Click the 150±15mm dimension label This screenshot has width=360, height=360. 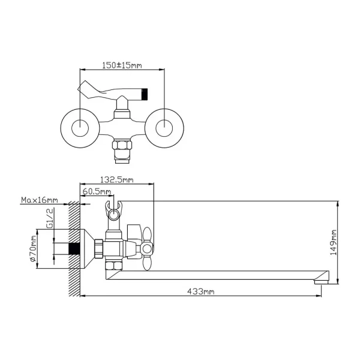tap(122, 65)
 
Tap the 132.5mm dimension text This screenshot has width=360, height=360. tap(116, 179)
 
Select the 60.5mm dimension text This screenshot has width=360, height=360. tap(97, 191)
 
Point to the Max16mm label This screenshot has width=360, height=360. tap(39, 200)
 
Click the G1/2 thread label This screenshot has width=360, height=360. tap(50, 218)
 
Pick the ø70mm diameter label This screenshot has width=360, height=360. tap(33, 248)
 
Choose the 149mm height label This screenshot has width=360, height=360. tap(333, 242)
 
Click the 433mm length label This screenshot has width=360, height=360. tap(200, 292)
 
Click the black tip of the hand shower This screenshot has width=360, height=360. tap(145, 94)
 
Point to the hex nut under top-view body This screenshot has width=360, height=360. tap(122, 145)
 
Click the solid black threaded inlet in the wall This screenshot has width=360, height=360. tap(74, 248)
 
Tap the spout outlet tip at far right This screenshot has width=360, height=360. tap(322, 281)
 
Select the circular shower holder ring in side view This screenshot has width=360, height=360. tap(113, 215)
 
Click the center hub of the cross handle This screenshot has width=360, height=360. tap(146, 248)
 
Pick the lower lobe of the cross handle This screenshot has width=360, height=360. tap(147, 262)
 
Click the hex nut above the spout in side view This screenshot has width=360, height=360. tap(113, 266)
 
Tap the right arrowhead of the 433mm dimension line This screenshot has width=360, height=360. tap(319, 296)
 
